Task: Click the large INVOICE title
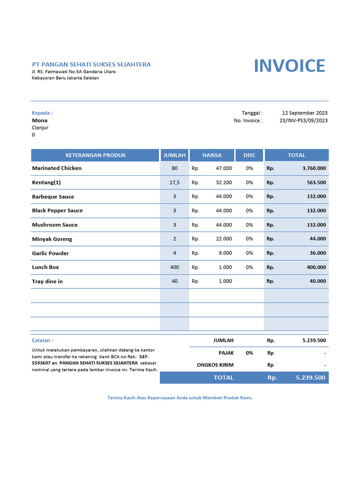pyautogui.click(x=289, y=66)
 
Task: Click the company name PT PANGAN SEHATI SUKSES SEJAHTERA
pyautogui.click(x=91, y=64)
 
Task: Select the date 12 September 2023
pyautogui.click(x=305, y=113)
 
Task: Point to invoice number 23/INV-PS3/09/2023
pyautogui.click(x=303, y=120)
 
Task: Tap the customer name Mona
pyautogui.click(x=39, y=120)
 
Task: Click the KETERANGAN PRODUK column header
pyautogui.click(x=96, y=155)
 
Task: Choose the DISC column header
pyautogui.click(x=249, y=155)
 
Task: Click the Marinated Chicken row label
pyautogui.click(x=57, y=168)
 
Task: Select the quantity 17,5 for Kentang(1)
pyautogui.click(x=174, y=182)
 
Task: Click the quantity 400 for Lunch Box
pyautogui.click(x=174, y=267)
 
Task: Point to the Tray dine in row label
pyautogui.click(x=47, y=281)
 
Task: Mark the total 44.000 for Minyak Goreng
pyautogui.click(x=318, y=239)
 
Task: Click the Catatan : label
pyautogui.click(x=42, y=341)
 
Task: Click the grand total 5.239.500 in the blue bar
pyautogui.click(x=310, y=378)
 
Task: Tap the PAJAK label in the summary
pyautogui.click(x=226, y=353)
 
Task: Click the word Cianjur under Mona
pyautogui.click(x=40, y=127)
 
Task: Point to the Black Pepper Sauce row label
pyautogui.click(x=57, y=211)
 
